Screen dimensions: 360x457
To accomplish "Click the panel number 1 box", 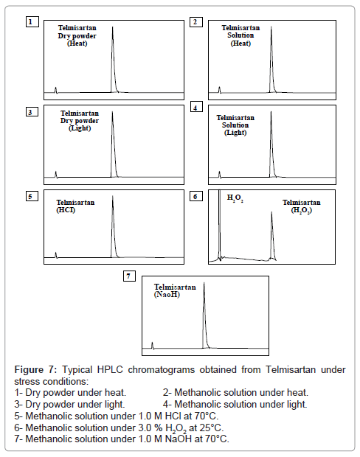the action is click(x=32, y=22).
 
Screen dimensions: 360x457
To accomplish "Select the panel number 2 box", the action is click(x=196, y=22).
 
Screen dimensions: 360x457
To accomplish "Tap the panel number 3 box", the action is click(x=32, y=112).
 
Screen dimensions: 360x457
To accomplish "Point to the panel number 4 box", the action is click(x=196, y=108).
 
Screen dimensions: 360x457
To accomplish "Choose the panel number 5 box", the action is click(x=32, y=196).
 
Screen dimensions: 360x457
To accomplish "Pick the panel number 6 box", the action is click(x=196, y=196).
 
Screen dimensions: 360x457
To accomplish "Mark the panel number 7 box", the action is click(x=130, y=276).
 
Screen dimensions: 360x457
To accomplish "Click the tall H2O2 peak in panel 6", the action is click(x=219, y=224).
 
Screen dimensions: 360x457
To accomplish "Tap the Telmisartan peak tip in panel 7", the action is click(x=204, y=282).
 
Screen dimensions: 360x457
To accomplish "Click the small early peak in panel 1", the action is click(x=56, y=90).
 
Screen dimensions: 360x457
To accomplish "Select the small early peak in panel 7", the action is click(x=152, y=346).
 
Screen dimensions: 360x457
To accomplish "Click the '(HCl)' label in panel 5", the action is click(x=66, y=210).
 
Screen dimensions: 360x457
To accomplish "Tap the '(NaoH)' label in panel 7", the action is click(x=167, y=294).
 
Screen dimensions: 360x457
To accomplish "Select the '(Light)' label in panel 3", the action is click(x=80, y=128).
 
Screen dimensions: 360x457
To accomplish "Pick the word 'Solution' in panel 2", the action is click(x=240, y=35).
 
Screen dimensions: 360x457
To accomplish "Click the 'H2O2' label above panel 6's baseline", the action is click(x=235, y=198).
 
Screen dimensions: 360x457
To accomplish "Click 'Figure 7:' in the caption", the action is click(x=35, y=369).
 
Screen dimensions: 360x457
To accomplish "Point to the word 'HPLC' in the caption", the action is click(x=110, y=369).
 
